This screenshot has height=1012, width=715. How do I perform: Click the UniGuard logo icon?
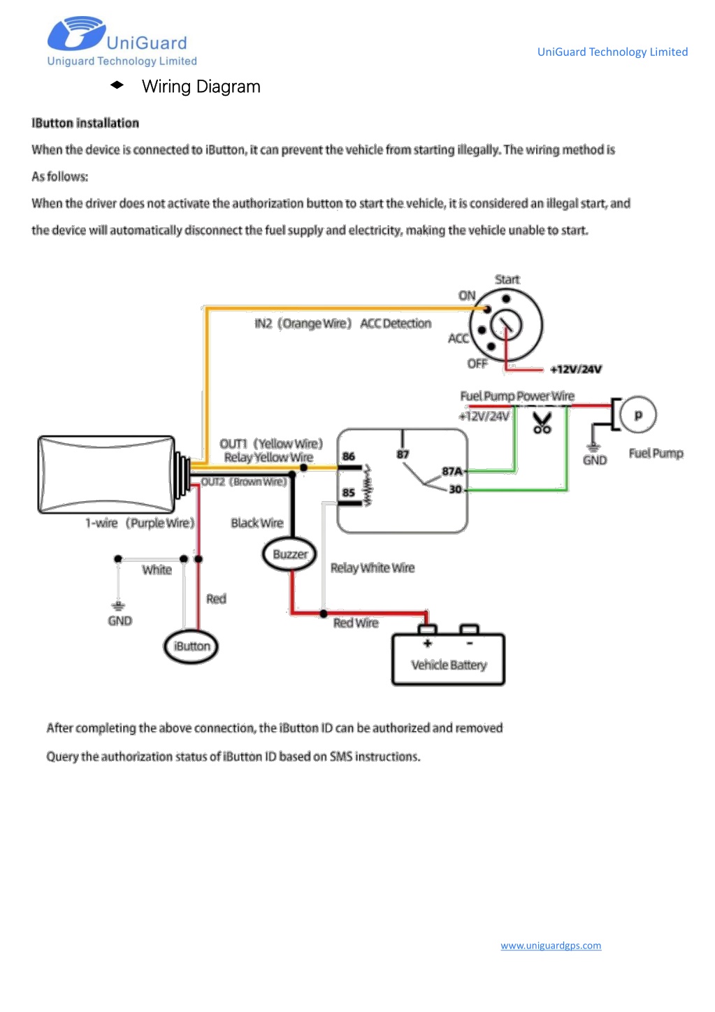(x=77, y=33)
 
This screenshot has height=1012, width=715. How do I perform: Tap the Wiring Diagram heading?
(x=201, y=86)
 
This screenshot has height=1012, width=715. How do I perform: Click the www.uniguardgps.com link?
(x=551, y=945)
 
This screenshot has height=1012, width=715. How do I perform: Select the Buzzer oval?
(x=289, y=554)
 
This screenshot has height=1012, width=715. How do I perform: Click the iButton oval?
(x=191, y=646)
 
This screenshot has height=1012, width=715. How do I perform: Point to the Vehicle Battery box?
(x=448, y=659)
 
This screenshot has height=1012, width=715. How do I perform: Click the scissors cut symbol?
(x=542, y=424)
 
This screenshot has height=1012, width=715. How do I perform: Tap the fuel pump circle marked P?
(x=638, y=414)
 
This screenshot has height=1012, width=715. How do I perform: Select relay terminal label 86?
(x=348, y=456)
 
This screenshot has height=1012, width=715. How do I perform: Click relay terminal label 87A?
(x=452, y=471)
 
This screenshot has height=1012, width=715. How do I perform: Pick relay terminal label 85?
(x=348, y=492)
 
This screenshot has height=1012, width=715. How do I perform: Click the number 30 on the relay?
(x=455, y=489)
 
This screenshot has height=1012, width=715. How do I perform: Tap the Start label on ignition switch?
(x=507, y=280)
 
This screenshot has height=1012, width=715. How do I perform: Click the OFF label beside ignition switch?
(x=477, y=363)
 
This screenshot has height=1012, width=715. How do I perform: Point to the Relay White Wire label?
(x=373, y=568)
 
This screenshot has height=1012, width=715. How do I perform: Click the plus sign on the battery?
(x=427, y=644)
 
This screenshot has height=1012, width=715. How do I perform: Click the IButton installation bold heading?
(x=85, y=123)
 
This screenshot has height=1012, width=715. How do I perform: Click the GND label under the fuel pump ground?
(x=594, y=461)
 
